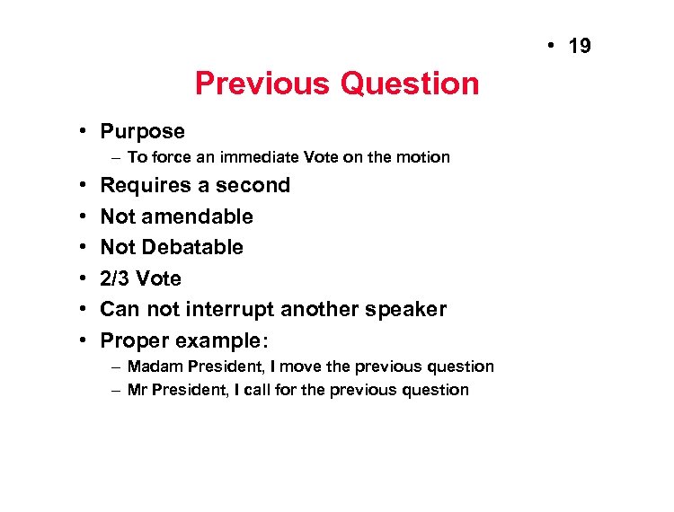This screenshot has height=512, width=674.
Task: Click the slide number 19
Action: click(x=581, y=46)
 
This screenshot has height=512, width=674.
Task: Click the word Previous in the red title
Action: click(x=262, y=84)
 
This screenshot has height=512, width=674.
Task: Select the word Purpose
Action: click(x=142, y=132)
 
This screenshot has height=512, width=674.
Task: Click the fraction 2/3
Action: click(x=116, y=278)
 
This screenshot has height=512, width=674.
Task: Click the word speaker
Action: click(x=404, y=309)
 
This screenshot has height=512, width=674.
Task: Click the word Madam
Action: click(x=154, y=366)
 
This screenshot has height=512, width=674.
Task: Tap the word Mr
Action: click(x=137, y=390)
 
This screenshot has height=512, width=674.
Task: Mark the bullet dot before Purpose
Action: click(x=82, y=132)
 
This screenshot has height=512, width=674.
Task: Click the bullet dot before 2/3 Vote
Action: click(x=82, y=278)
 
